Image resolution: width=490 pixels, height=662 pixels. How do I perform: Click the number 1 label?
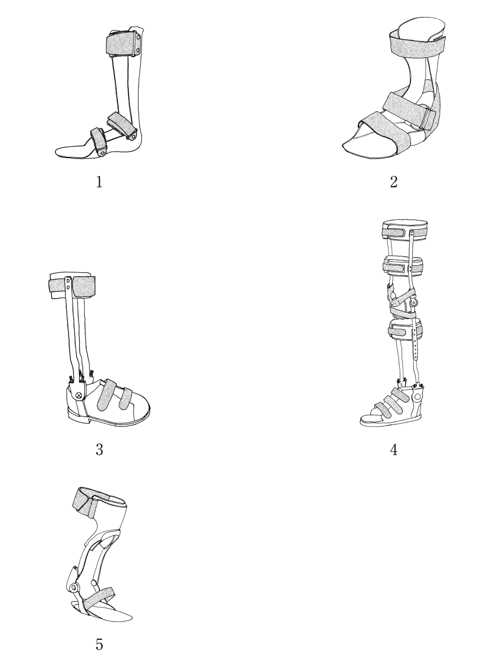(99, 182)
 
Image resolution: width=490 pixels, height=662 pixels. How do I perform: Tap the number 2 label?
(394, 182)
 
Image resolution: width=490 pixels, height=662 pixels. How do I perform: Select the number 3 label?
(99, 450)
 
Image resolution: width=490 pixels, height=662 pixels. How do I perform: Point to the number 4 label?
(394, 450)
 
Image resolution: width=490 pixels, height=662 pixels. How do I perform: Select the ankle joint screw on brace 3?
(79, 395)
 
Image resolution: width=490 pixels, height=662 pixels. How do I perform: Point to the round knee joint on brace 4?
(413, 303)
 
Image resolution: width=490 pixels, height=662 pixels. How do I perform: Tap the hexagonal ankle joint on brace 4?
(417, 397)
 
